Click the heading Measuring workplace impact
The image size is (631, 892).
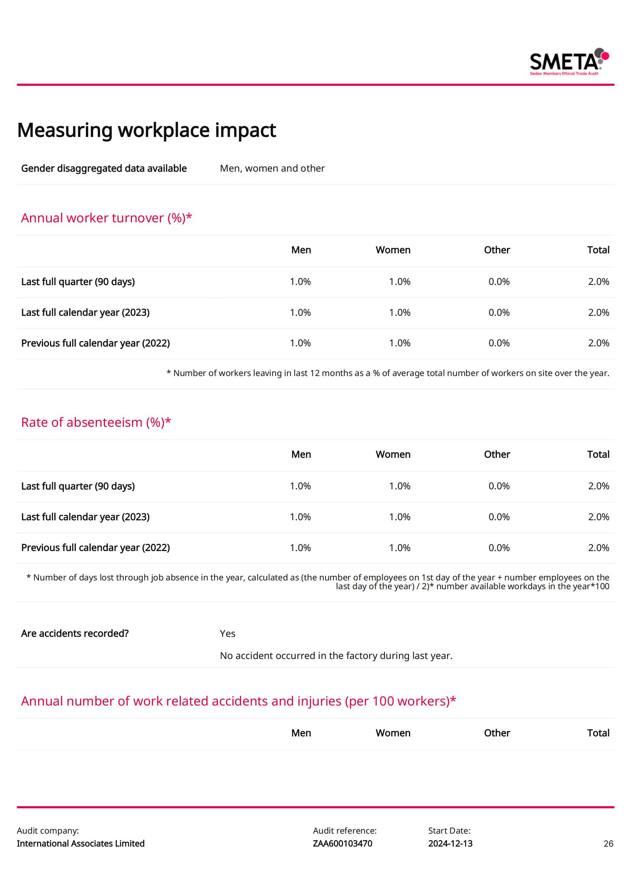[x=147, y=130]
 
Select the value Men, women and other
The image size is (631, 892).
[x=272, y=168]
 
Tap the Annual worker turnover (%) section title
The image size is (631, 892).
[x=107, y=218]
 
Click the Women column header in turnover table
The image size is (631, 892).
[x=393, y=250]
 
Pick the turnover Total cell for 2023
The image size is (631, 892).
[x=598, y=312]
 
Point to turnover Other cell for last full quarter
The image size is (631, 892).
[x=499, y=282]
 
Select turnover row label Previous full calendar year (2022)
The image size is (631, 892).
[x=95, y=343]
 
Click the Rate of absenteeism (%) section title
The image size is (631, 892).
[x=96, y=422]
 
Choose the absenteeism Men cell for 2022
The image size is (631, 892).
[x=300, y=547]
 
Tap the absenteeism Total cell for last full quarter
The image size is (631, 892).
[x=598, y=486]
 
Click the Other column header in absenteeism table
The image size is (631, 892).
[x=497, y=454]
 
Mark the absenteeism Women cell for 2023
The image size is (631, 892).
[x=400, y=517]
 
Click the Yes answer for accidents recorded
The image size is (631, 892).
[x=228, y=633]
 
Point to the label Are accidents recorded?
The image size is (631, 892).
[x=75, y=633]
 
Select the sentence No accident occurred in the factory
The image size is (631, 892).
[x=336, y=656]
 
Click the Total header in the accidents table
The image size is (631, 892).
[x=598, y=733]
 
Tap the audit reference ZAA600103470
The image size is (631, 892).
[x=342, y=844]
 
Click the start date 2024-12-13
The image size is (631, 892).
[x=450, y=844]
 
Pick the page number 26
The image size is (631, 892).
[x=608, y=844]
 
